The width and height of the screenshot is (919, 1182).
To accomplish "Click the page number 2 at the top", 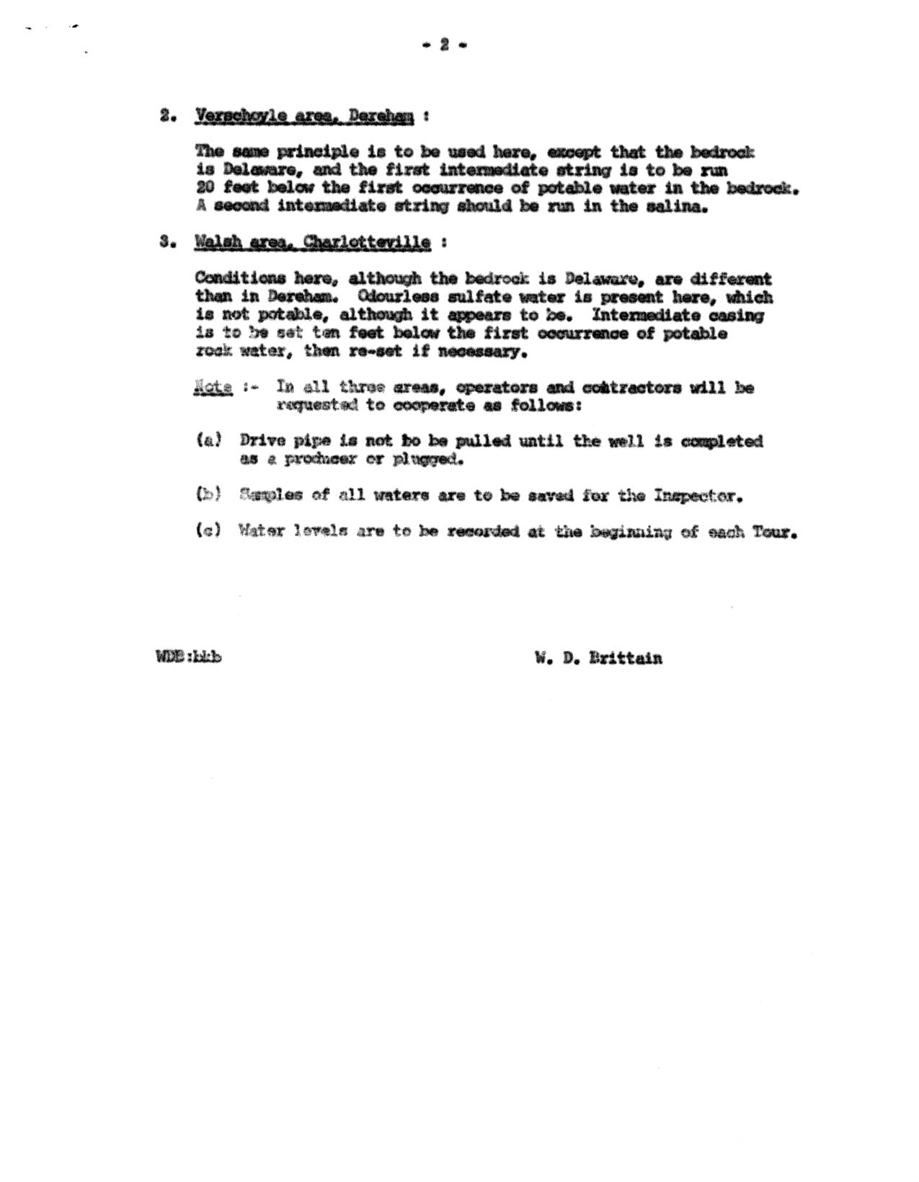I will click(444, 45).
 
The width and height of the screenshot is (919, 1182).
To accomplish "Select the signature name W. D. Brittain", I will click(598, 657).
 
